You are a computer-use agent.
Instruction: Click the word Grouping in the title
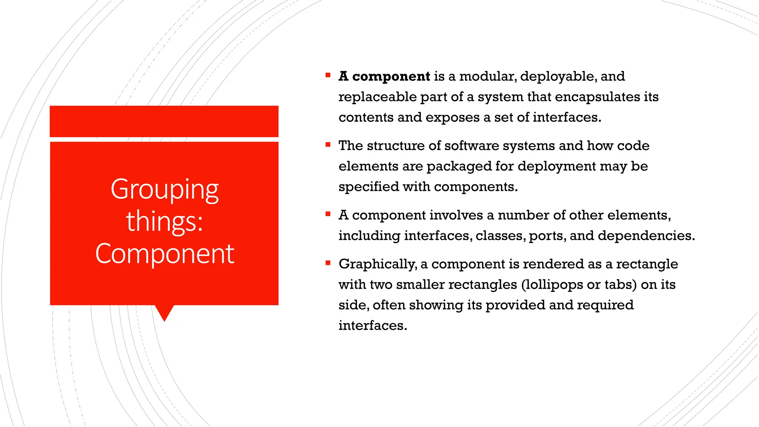pyautogui.click(x=165, y=190)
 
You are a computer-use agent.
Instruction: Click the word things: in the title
pyautogui.click(x=165, y=222)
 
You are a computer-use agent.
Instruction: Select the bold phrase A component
pyautogui.click(x=384, y=76)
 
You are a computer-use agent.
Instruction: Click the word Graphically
pyautogui.click(x=377, y=264)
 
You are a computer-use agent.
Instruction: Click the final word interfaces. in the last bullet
pyautogui.click(x=372, y=325)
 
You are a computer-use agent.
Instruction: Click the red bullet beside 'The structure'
pyautogui.click(x=328, y=145)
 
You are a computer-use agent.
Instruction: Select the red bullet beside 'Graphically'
pyautogui.click(x=328, y=263)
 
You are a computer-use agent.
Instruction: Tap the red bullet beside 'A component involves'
pyautogui.click(x=328, y=214)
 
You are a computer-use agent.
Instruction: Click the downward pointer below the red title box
pyautogui.click(x=164, y=312)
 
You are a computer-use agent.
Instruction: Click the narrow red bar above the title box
pyautogui.click(x=164, y=121)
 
